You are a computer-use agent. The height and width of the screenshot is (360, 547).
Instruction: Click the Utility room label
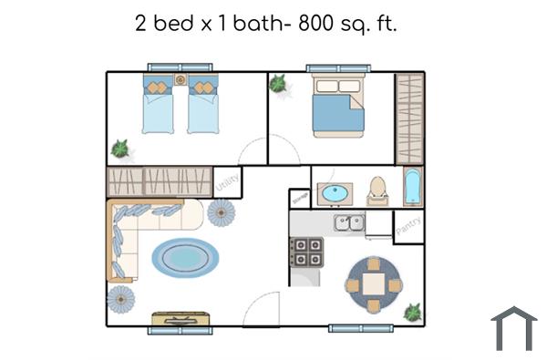click(227, 182)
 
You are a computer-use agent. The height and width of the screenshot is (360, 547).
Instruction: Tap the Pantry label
click(408, 226)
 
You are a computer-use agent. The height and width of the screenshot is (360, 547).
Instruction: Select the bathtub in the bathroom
click(412, 186)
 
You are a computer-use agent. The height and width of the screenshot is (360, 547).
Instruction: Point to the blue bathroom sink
click(335, 194)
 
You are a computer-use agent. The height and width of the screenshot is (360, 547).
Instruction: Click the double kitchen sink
click(349, 222)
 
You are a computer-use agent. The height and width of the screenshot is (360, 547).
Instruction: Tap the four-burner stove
click(306, 251)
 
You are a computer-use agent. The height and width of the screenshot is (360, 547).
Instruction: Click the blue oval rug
click(185, 257)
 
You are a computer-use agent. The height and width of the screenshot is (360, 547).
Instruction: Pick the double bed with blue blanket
click(338, 107)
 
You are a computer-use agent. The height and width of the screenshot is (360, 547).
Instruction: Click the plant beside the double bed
click(277, 84)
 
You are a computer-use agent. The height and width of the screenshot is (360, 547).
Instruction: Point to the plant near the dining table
click(413, 312)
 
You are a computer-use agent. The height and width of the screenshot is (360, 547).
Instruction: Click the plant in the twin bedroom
click(119, 148)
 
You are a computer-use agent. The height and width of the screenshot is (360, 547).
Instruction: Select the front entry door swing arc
click(262, 308)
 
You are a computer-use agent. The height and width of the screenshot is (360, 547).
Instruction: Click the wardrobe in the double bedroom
click(409, 118)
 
